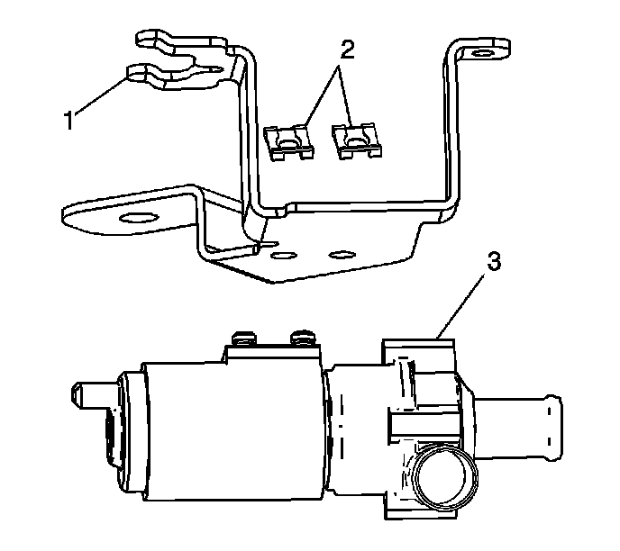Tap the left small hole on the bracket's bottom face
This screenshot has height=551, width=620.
click(x=285, y=257)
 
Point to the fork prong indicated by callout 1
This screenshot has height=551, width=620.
click(x=144, y=73)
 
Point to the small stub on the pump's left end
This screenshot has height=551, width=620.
click(x=87, y=393)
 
